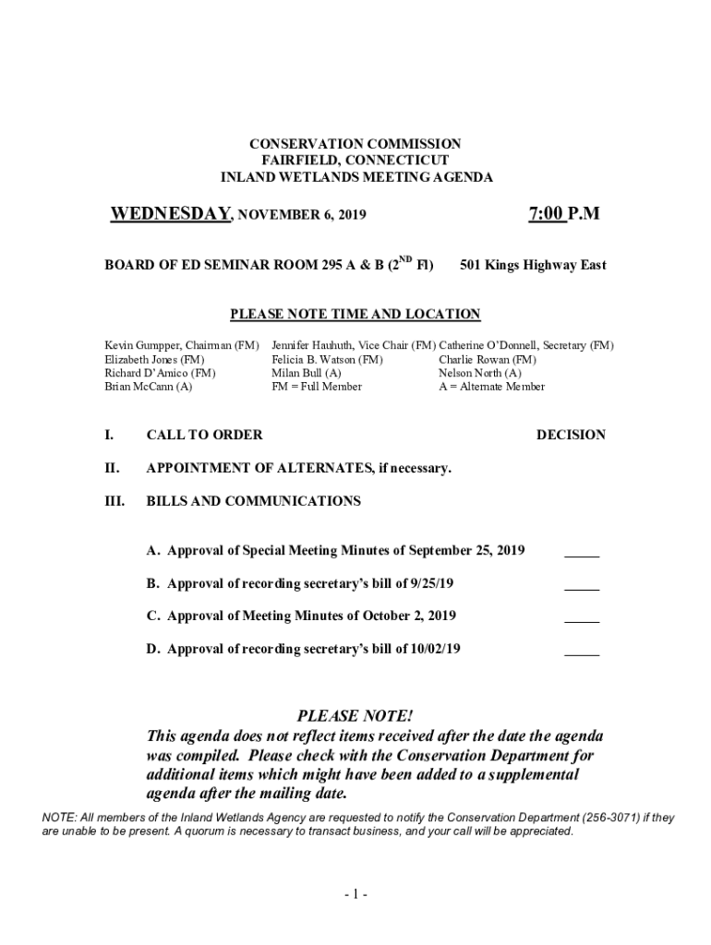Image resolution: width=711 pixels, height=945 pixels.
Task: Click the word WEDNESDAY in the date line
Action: pyautogui.click(x=170, y=214)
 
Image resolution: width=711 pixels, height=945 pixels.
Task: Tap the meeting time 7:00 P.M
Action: pyautogui.click(x=564, y=214)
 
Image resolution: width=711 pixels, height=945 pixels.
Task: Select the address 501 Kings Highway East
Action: pyautogui.click(x=533, y=266)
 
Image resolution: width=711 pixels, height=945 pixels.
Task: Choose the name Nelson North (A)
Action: pyautogui.click(x=480, y=373)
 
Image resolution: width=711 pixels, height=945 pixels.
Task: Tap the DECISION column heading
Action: pyautogui.click(x=571, y=435)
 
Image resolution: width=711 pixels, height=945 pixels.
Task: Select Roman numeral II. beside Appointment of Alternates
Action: pyautogui.click(x=113, y=468)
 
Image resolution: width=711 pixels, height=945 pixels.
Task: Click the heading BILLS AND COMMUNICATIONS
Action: pyautogui.click(x=254, y=501)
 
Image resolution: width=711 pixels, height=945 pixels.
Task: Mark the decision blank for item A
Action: pyautogui.click(x=582, y=554)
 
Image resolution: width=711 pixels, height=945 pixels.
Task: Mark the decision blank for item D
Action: pyautogui.click(x=582, y=652)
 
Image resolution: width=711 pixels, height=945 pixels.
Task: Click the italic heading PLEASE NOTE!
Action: pyautogui.click(x=355, y=716)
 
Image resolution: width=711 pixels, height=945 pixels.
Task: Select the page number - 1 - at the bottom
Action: pyautogui.click(x=355, y=894)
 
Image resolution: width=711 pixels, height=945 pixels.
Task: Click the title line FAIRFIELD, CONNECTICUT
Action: pyautogui.click(x=355, y=161)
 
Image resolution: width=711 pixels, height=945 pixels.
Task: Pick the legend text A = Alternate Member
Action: pyautogui.click(x=492, y=387)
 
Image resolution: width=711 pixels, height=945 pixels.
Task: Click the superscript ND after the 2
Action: pyautogui.click(x=405, y=259)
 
